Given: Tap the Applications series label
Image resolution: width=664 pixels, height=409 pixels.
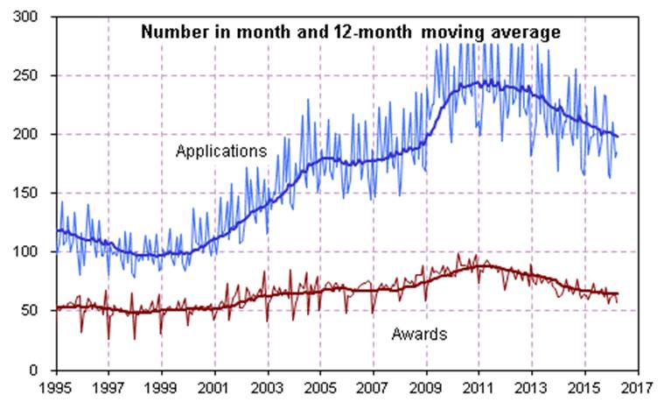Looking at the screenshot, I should coord(221,152).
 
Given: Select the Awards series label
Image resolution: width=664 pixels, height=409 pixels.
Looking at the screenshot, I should coord(419,334).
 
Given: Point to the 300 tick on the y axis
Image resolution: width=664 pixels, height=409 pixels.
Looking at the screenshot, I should coord(36,18).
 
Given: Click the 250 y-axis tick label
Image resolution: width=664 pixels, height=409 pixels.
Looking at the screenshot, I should coord(36,76).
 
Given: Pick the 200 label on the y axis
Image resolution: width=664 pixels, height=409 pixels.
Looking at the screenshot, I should coord(36,135).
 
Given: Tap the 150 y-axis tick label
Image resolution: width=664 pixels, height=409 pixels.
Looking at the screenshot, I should coord(36,194).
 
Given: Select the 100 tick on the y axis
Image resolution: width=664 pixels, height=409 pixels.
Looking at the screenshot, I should coord(36,252).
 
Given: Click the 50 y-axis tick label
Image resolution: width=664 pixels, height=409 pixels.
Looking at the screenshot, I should coord(39,311).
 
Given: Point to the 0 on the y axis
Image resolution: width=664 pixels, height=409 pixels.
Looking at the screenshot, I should coord(43,370).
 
